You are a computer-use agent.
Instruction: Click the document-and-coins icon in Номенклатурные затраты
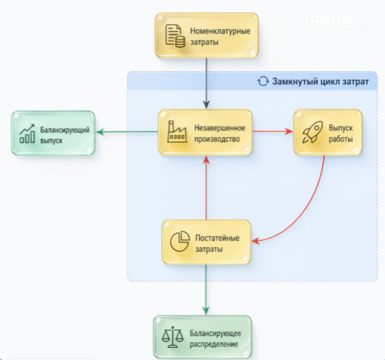(x=175, y=36)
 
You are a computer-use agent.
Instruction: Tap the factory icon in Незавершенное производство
(x=177, y=131)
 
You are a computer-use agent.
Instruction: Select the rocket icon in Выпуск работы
(x=313, y=132)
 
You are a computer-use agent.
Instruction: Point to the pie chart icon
(x=180, y=241)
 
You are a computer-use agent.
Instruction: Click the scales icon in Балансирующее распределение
(x=173, y=336)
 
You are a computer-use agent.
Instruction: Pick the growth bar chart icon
(x=27, y=134)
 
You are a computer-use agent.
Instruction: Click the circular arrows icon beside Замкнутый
(x=263, y=81)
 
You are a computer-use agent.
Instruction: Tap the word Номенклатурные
(x=220, y=31)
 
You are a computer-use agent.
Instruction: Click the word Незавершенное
(x=220, y=128)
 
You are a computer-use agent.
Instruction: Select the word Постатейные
(x=217, y=238)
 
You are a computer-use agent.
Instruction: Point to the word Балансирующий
(x=65, y=130)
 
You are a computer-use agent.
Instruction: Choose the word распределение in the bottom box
(x=214, y=345)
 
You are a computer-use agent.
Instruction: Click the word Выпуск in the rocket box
(x=341, y=128)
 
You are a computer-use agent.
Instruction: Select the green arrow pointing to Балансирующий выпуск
(x=127, y=132)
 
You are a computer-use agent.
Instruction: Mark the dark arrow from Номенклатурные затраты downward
(x=207, y=83)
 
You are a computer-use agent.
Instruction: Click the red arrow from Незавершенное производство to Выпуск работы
(x=273, y=131)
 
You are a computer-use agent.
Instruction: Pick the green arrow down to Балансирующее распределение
(x=206, y=289)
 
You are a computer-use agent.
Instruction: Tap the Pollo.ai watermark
(x=338, y=22)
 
